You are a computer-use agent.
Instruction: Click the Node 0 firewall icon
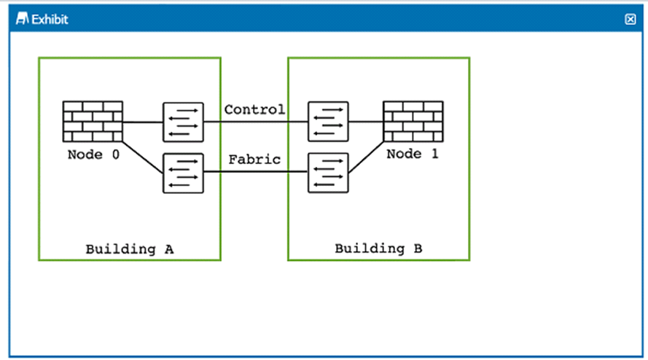pyautogui.click(x=93, y=122)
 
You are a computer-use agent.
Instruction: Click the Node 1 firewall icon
pyautogui.click(x=413, y=122)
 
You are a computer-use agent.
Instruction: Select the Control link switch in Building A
pyautogui.click(x=183, y=122)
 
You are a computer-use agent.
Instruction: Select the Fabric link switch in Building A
pyautogui.click(x=183, y=173)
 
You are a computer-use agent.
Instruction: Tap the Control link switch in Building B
pyautogui.click(x=328, y=122)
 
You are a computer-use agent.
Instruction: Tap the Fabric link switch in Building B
pyautogui.click(x=328, y=173)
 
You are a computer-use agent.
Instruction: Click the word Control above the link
pyautogui.click(x=254, y=109)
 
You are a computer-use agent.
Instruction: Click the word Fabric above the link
pyautogui.click(x=254, y=160)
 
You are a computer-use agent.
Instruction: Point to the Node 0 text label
pyautogui.click(x=93, y=154)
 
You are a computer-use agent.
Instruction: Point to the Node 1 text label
pyautogui.click(x=412, y=154)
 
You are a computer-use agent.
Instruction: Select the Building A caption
pyautogui.click(x=130, y=249)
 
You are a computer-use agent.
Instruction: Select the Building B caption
pyautogui.click(x=378, y=249)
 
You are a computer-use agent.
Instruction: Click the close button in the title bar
pyautogui.click(x=631, y=19)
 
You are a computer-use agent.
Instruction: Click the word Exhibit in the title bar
pyautogui.click(x=50, y=20)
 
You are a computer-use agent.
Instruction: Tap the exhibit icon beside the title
pyautogui.click(x=23, y=19)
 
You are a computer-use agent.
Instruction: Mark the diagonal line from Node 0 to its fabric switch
pyautogui.click(x=143, y=157)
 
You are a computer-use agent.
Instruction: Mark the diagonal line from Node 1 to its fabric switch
pyautogui.click(x=366, y=157)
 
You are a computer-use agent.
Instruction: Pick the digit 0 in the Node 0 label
pyautogui.click(x=116, y=154)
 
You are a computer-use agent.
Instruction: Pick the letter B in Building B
pyautogui.click(x=418, y=249)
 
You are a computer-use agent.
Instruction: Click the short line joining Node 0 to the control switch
pyautogui.click(x=143, y=122)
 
